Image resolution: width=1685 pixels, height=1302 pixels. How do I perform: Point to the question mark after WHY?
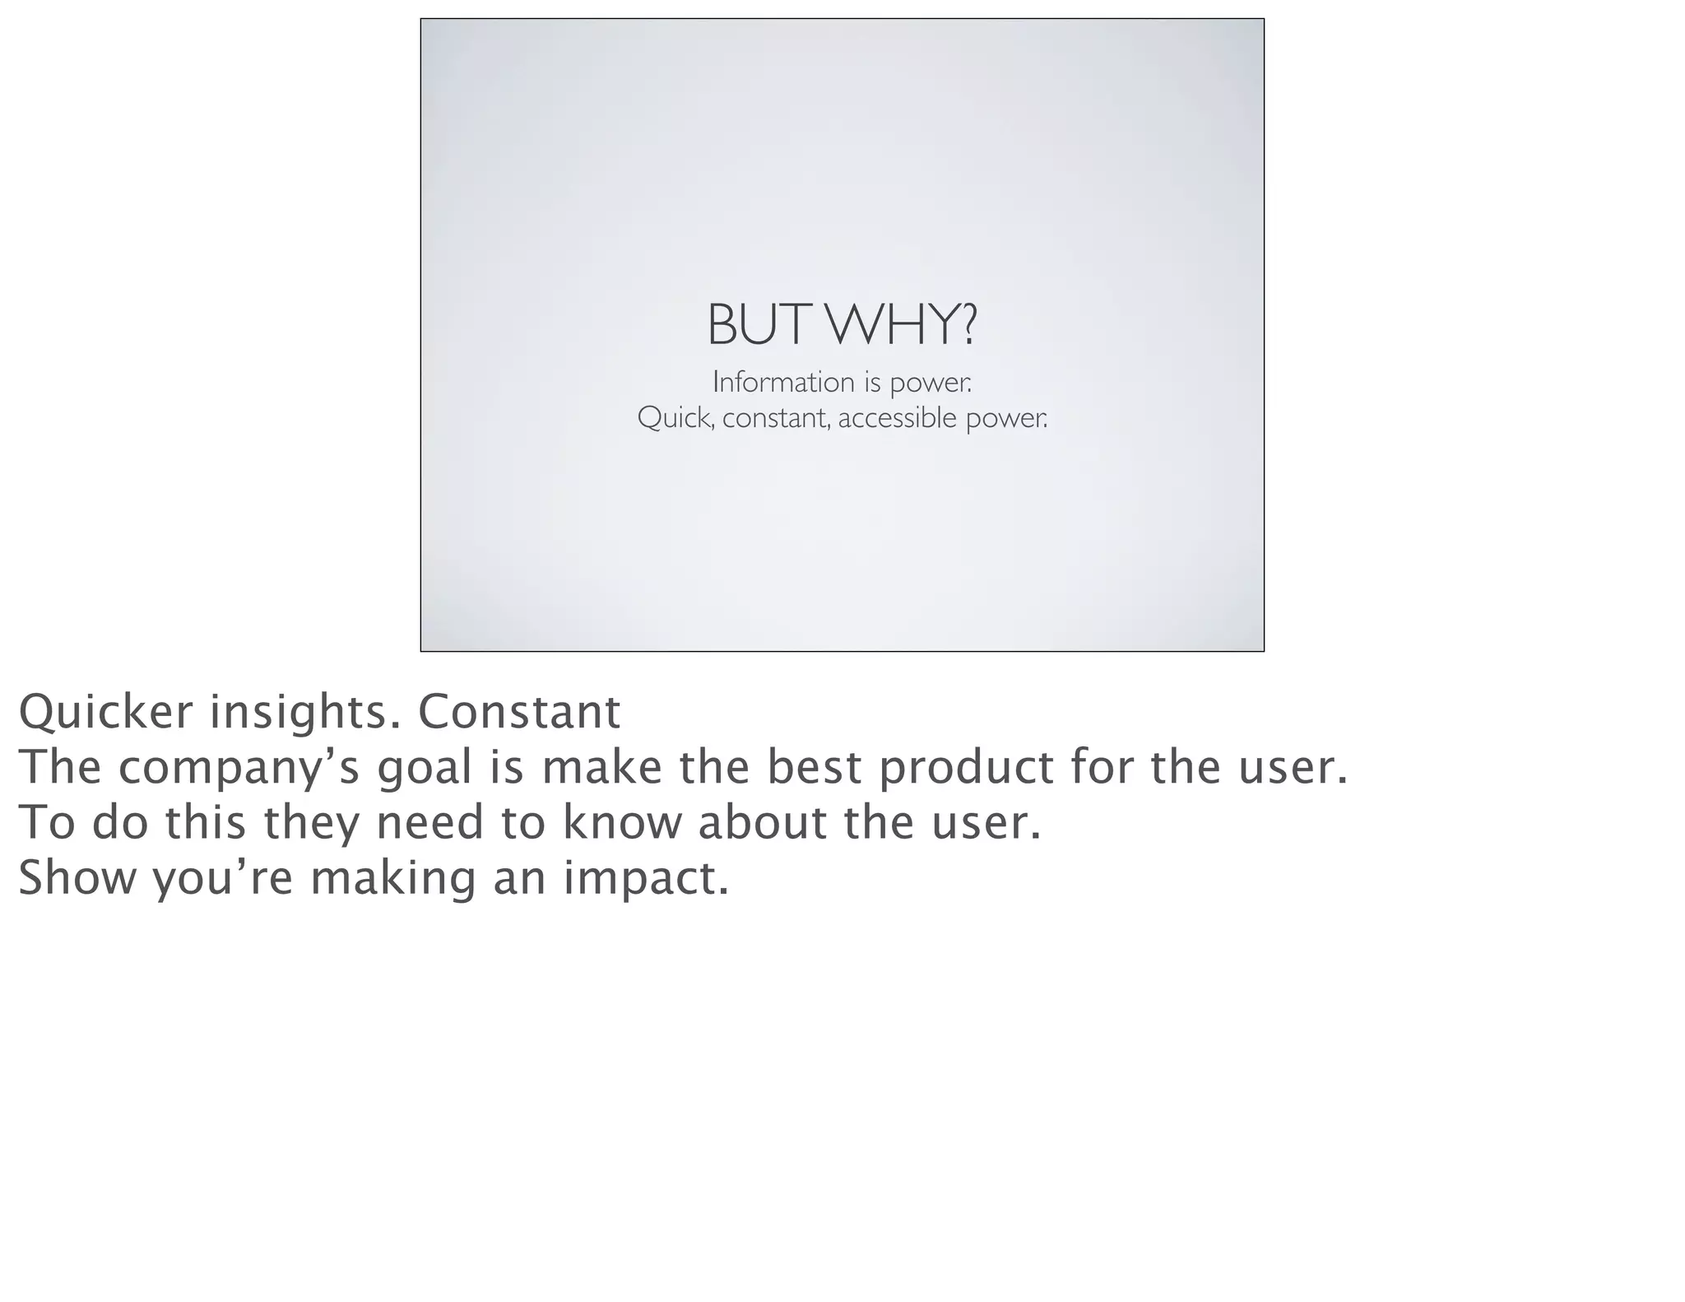pyautogui.click(x=968, y=325)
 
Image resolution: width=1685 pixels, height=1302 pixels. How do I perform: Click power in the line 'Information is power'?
pyautogui.click(x=931, y=383)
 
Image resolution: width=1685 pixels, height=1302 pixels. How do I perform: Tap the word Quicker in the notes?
pyautogui.click(x=104, y=712)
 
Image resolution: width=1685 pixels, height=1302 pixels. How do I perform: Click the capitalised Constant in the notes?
pyautogui.click(x=519, y=712)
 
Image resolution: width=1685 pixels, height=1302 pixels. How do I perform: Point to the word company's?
pyautogui.click(x=239, y=768)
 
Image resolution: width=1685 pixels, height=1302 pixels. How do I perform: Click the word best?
pyautogui.click(x=815, y=767)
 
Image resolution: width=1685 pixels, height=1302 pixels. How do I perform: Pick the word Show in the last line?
pyautogui.click(x=77, y=877)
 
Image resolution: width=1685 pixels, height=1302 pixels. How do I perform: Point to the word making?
pyautogui.click(x=392, y=879)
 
